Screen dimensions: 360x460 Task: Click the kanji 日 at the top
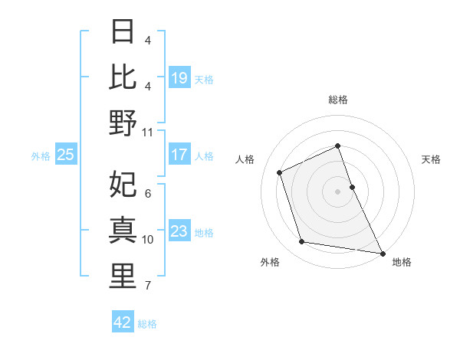123,32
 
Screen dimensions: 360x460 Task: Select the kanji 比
123,77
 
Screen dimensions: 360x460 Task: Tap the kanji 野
123,123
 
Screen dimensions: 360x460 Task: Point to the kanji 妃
123,185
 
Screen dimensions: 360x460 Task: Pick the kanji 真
123,230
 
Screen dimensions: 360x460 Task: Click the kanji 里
123,276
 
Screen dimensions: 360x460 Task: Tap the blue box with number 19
179,78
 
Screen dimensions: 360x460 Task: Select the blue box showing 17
179,155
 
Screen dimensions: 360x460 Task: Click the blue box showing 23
179,231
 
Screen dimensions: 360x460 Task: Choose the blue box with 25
65,155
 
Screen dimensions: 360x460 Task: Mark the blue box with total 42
123,322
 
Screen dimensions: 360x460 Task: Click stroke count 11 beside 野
148,132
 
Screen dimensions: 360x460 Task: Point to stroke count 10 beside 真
148,240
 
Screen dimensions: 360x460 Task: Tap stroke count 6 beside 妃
147,194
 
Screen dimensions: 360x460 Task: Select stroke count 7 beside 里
147,286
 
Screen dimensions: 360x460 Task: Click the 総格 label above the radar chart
337,100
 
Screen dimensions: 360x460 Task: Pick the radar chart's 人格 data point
280,172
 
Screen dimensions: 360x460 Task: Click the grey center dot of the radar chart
337,191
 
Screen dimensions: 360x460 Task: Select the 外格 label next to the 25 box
41,156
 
